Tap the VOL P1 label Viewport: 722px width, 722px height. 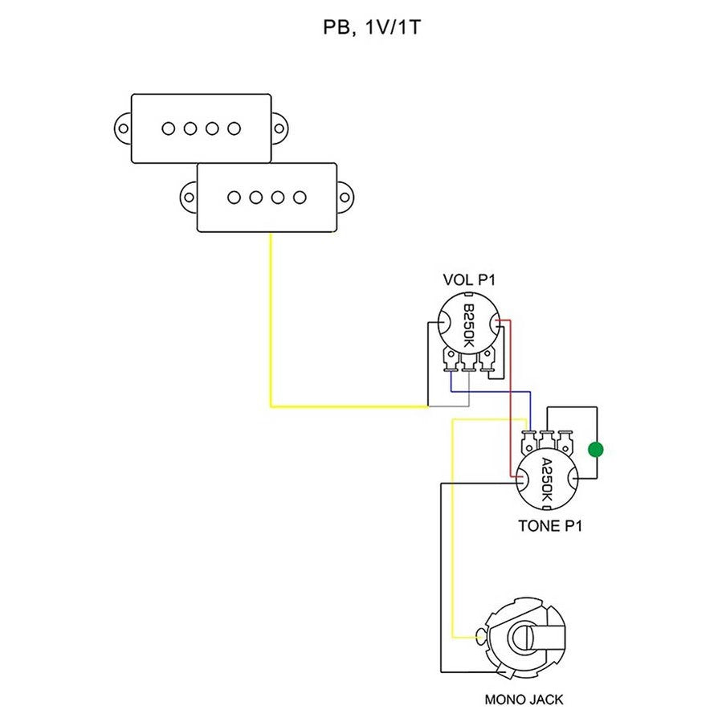(470, 280)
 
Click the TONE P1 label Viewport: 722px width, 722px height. (550, 527)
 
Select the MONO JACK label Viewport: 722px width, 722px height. (524, 699)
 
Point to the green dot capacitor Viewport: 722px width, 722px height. (595, 449)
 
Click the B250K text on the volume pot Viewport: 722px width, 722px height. (469, 325)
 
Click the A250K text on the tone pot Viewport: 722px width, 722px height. (546, 480)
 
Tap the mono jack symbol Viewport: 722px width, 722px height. (524, 638)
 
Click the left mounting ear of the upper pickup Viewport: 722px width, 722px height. (123, 128)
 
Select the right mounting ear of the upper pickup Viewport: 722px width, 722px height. (281, 128)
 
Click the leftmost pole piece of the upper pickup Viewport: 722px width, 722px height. (169, 128)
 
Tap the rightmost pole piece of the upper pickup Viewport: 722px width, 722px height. (234, 128)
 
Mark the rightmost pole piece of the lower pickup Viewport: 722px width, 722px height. (300, 196)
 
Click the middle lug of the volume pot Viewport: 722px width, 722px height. (467, 365)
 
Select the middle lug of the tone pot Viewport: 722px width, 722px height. (546, 439)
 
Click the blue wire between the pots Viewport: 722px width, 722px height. (490, 392)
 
